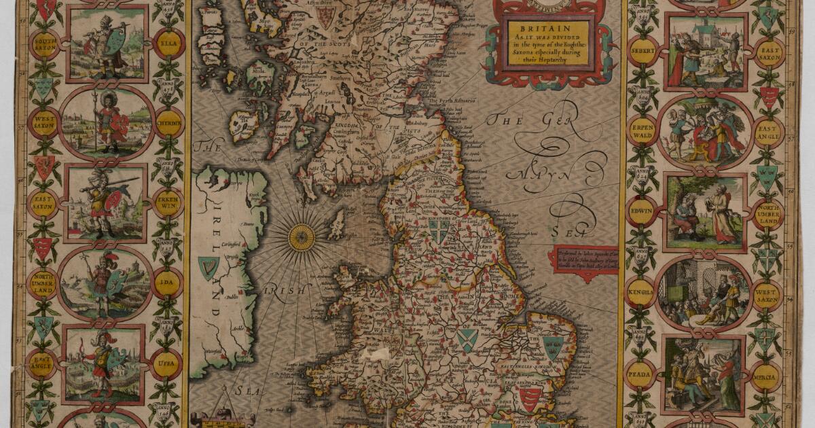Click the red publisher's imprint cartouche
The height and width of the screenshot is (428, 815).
583,259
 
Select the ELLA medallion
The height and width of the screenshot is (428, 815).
167,47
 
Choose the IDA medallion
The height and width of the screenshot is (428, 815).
167,281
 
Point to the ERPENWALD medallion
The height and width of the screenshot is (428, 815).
641,129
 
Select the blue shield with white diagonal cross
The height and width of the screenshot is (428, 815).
467,340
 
